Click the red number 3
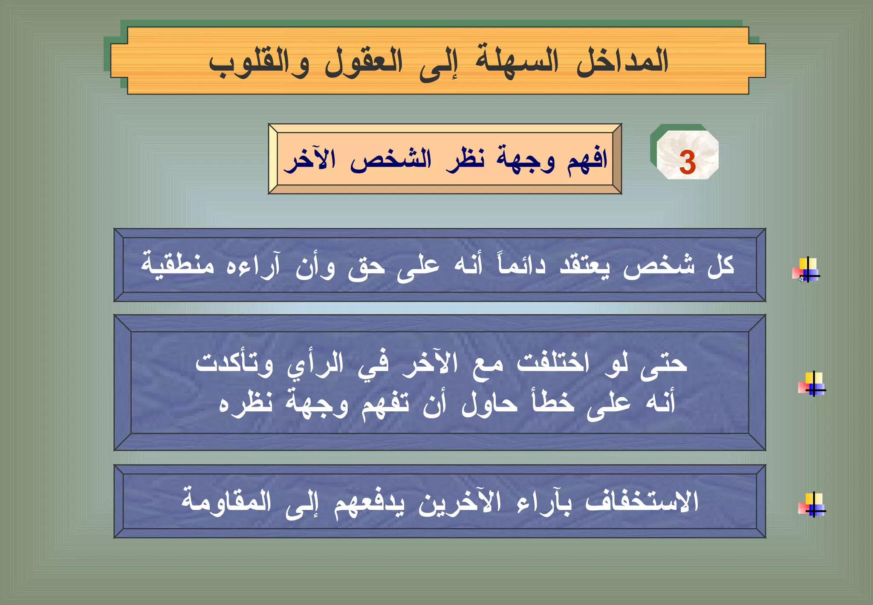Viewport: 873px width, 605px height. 687,163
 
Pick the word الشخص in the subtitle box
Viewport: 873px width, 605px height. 391,160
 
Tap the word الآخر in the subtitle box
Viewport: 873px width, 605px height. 310,160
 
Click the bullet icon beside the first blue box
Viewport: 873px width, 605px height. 806,270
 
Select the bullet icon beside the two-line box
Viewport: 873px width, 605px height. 812,384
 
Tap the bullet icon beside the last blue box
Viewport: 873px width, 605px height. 812,505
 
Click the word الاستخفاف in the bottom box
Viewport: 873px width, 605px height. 642,501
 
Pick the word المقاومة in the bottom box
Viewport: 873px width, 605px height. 226,501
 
